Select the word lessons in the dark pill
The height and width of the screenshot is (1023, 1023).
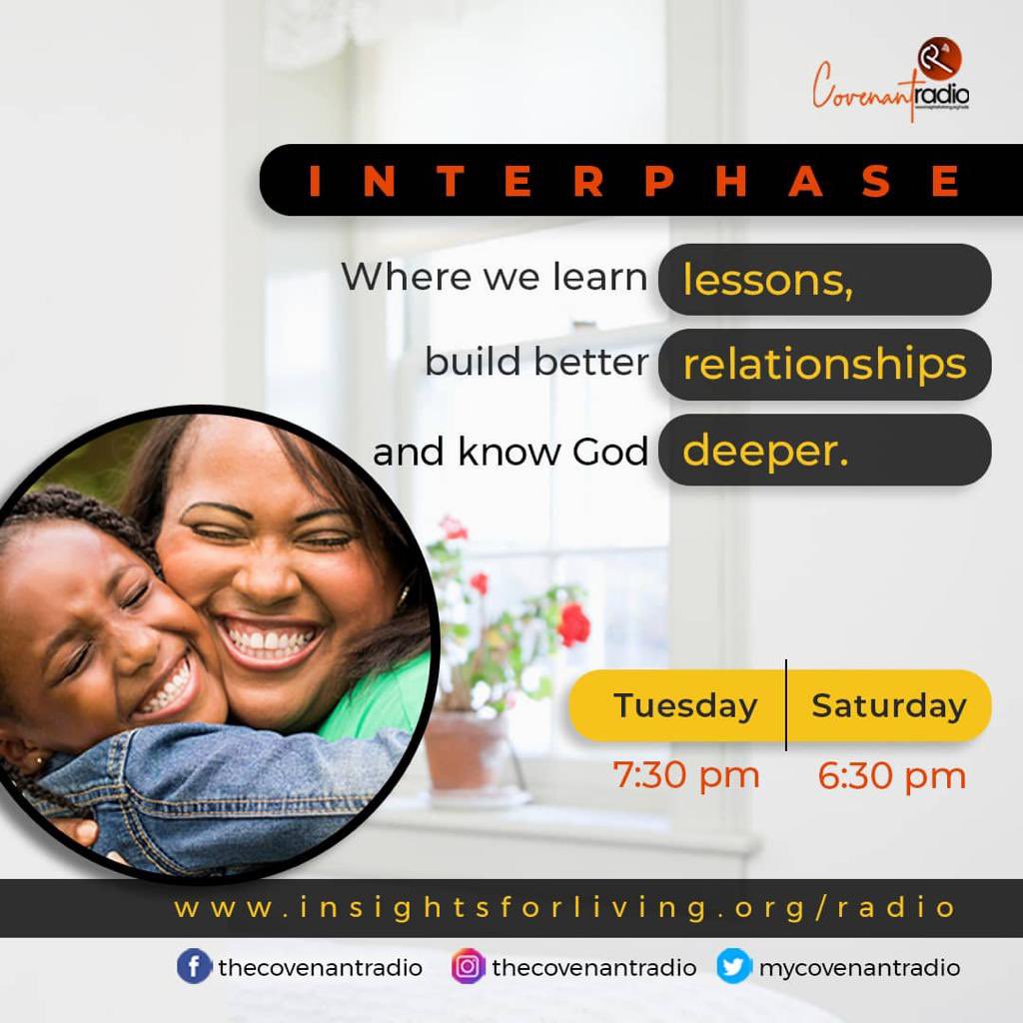click(767, 281)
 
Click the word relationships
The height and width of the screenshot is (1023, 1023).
click(824, 365)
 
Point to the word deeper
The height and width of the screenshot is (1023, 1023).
click(765, 451)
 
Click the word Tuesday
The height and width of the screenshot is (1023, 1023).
click(684, 705)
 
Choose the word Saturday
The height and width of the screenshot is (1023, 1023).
click(888, 705)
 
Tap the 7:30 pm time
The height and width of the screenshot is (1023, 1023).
click(686, 775)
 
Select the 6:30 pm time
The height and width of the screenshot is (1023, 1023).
click(891, 775)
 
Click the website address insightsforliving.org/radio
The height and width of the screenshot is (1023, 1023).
click(565, 908)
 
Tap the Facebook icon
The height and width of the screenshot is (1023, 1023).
click(194, 967)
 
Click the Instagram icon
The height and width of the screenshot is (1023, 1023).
click(468, 967)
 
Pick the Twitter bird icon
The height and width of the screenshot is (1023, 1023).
click(733, 967)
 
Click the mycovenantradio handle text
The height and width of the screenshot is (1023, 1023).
click(859, 968)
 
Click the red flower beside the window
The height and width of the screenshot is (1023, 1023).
click(573, 625)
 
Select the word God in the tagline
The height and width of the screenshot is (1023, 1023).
click(610, 452)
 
